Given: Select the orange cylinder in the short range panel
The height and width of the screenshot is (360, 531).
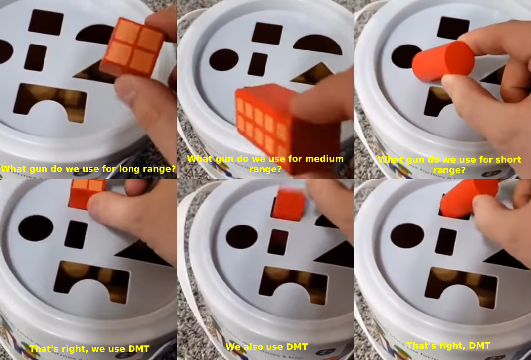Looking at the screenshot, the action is (x=443, y=61).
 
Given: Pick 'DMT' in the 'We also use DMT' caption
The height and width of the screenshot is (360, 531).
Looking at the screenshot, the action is (x=297, y=347).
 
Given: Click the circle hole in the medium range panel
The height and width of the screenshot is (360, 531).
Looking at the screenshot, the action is (x=224, y=60).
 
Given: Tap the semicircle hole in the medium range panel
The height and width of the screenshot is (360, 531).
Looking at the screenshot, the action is (x=317, y=45).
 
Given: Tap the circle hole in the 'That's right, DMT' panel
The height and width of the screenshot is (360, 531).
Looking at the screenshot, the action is (x=407, y=235).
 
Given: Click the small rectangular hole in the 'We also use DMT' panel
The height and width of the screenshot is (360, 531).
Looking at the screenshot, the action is (x=278, y=242).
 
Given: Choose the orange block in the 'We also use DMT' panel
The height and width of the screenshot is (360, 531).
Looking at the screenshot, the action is (x=289, y=205).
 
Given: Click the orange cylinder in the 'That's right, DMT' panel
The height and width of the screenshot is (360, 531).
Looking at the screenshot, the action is (x=469, y=197).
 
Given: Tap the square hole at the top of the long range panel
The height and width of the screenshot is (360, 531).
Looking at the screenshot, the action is (x=45, y=22).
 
